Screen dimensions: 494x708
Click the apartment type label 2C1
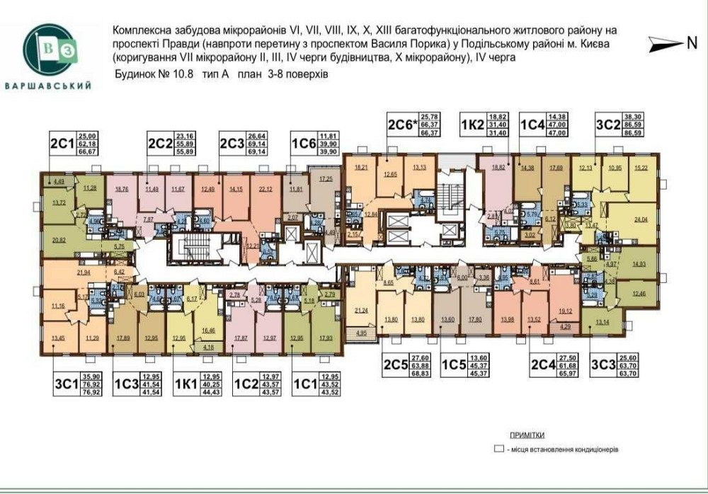[62, 142]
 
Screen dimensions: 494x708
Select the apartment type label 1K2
[472, 122]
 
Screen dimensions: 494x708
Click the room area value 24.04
[641, 219]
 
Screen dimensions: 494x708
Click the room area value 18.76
[122, 189]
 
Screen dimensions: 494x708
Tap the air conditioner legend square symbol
[498, 449]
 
